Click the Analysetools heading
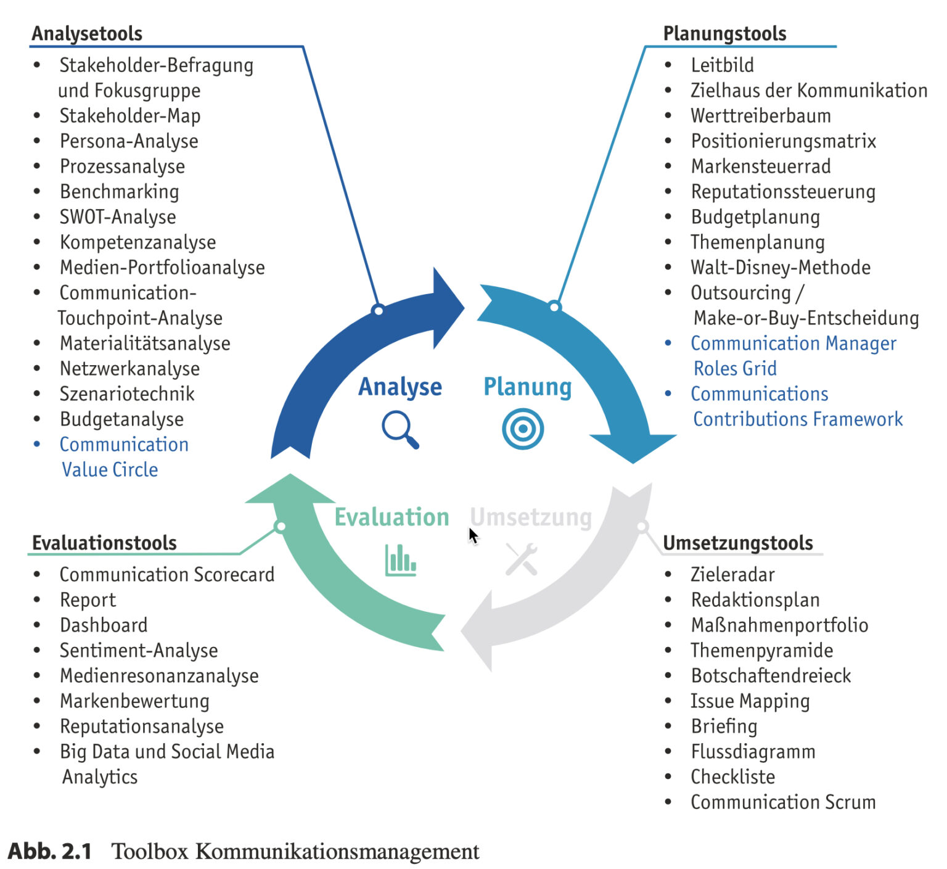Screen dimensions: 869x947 point(87,33)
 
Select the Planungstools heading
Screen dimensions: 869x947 point(724,33)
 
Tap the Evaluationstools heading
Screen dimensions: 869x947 point(104,543)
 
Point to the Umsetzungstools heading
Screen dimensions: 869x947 point(738,543)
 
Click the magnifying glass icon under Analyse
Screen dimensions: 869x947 point(400,429)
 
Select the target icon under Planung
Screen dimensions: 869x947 point(523,429)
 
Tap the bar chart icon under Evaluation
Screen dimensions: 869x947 point(401,560)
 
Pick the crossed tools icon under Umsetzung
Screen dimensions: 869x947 point(522,559)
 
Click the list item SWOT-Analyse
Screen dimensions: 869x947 point(118,217)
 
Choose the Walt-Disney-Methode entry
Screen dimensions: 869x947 point(781,268)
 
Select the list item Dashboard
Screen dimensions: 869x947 point(104,625)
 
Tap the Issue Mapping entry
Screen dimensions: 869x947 point(750,701)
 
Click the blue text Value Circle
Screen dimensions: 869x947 point(110,470)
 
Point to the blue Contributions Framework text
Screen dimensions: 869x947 point(798,419)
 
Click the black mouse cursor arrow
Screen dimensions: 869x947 point(473,536)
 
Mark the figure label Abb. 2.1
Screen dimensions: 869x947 point(49,851)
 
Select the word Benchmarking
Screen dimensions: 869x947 point(120,192)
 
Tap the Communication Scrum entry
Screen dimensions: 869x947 point(783,802)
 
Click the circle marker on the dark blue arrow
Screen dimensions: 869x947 point(379,310)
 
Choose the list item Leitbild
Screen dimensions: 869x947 point(722,65)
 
